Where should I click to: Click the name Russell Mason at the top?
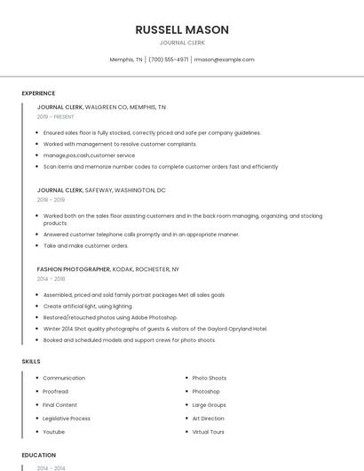click(182, 29)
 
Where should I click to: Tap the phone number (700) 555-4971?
click(169, 60)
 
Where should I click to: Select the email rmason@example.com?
click(224, 60)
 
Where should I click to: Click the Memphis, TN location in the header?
click(126, 60)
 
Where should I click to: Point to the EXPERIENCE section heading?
click(38, 93)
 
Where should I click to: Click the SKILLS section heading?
click(31, 362)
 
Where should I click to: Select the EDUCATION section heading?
click(38, 455)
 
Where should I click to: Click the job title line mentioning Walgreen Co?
click(101, 107)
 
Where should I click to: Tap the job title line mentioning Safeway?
click(101, 190)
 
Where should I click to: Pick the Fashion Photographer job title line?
click(107, 268)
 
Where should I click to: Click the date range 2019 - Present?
click(55, 116)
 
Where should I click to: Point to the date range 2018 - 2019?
click(51, 200)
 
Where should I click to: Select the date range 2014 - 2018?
click(51, 278)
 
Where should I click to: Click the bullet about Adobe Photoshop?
click(111, 317)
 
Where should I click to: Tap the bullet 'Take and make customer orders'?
click(86, 246)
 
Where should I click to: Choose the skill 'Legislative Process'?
click(67, 419)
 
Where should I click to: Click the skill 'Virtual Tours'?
click(209, 432)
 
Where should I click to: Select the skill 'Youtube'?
click(54, 432)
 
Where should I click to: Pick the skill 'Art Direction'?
click(209, 419)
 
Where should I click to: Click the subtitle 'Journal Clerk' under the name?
click(182, 43)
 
